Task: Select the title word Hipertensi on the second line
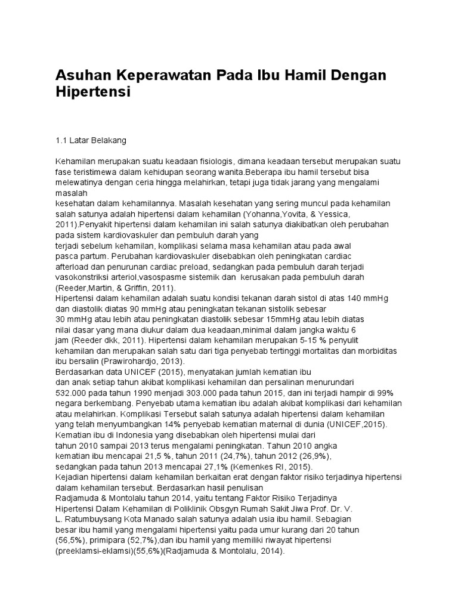(x=92, y=93)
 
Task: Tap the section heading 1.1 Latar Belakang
(x=91, y=141)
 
